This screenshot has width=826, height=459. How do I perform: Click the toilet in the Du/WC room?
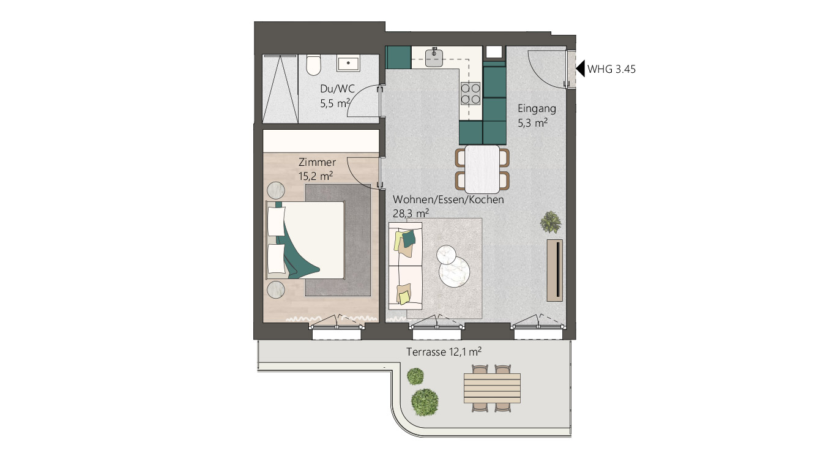coord(313,65)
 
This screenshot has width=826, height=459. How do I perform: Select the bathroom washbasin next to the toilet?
coord(348,63)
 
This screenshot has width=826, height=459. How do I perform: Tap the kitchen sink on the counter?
coord(434,58)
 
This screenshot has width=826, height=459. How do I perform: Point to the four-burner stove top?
coord(470,93)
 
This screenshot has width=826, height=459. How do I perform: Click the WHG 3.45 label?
coord(611,69)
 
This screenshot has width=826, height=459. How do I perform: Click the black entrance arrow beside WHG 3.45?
coord(581,69)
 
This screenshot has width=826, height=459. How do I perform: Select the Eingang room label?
coord(537,108)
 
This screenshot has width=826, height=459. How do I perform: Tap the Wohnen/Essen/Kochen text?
coord(448,200)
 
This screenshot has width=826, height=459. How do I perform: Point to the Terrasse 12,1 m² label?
coord(444,352)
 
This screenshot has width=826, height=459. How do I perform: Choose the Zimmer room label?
coord(317,162)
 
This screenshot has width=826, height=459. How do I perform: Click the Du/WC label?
coord(337,89)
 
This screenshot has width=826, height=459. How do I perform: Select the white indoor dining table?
coord(482,169)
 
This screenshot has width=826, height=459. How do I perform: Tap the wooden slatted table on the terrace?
coord(492,388)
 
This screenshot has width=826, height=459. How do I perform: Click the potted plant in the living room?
coord(551,222)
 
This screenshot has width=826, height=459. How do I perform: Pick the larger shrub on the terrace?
coord(425,402)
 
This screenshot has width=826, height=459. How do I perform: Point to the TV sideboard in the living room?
coord(554,270)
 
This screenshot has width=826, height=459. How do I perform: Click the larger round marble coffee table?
coord(454,272)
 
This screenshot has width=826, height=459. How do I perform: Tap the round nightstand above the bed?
coord(276,191)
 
